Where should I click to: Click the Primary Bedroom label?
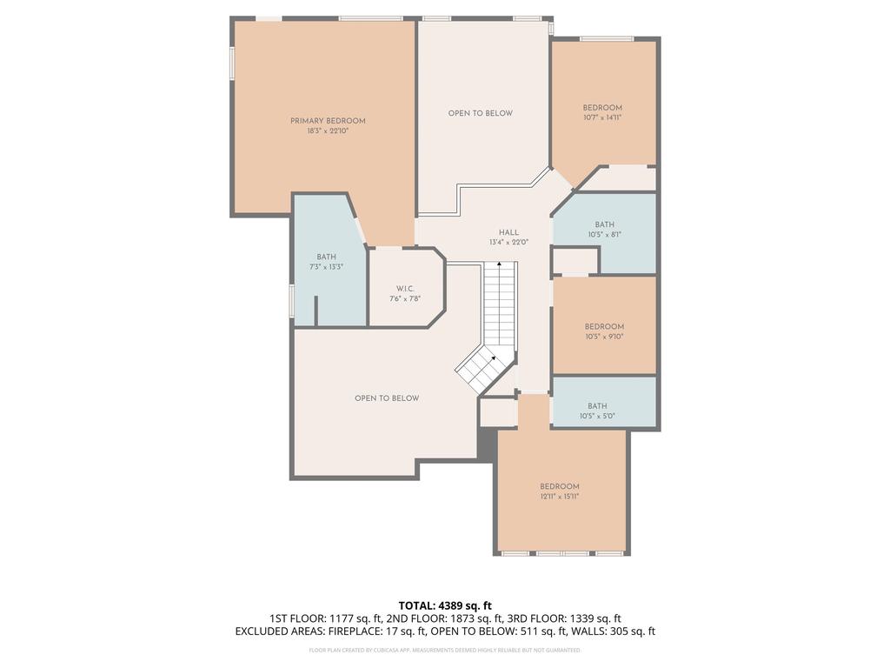click(328, 121)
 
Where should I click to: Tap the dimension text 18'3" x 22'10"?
click(328, 131)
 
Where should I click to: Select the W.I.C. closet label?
click(404, 289)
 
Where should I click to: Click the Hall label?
click(508, 232)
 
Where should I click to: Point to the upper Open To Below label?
click(480, 113)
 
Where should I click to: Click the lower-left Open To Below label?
click(387, 398)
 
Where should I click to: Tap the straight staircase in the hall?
click(500, 304)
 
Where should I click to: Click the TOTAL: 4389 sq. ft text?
click(445, 605)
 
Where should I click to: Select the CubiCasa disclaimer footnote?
click(445, 650)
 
